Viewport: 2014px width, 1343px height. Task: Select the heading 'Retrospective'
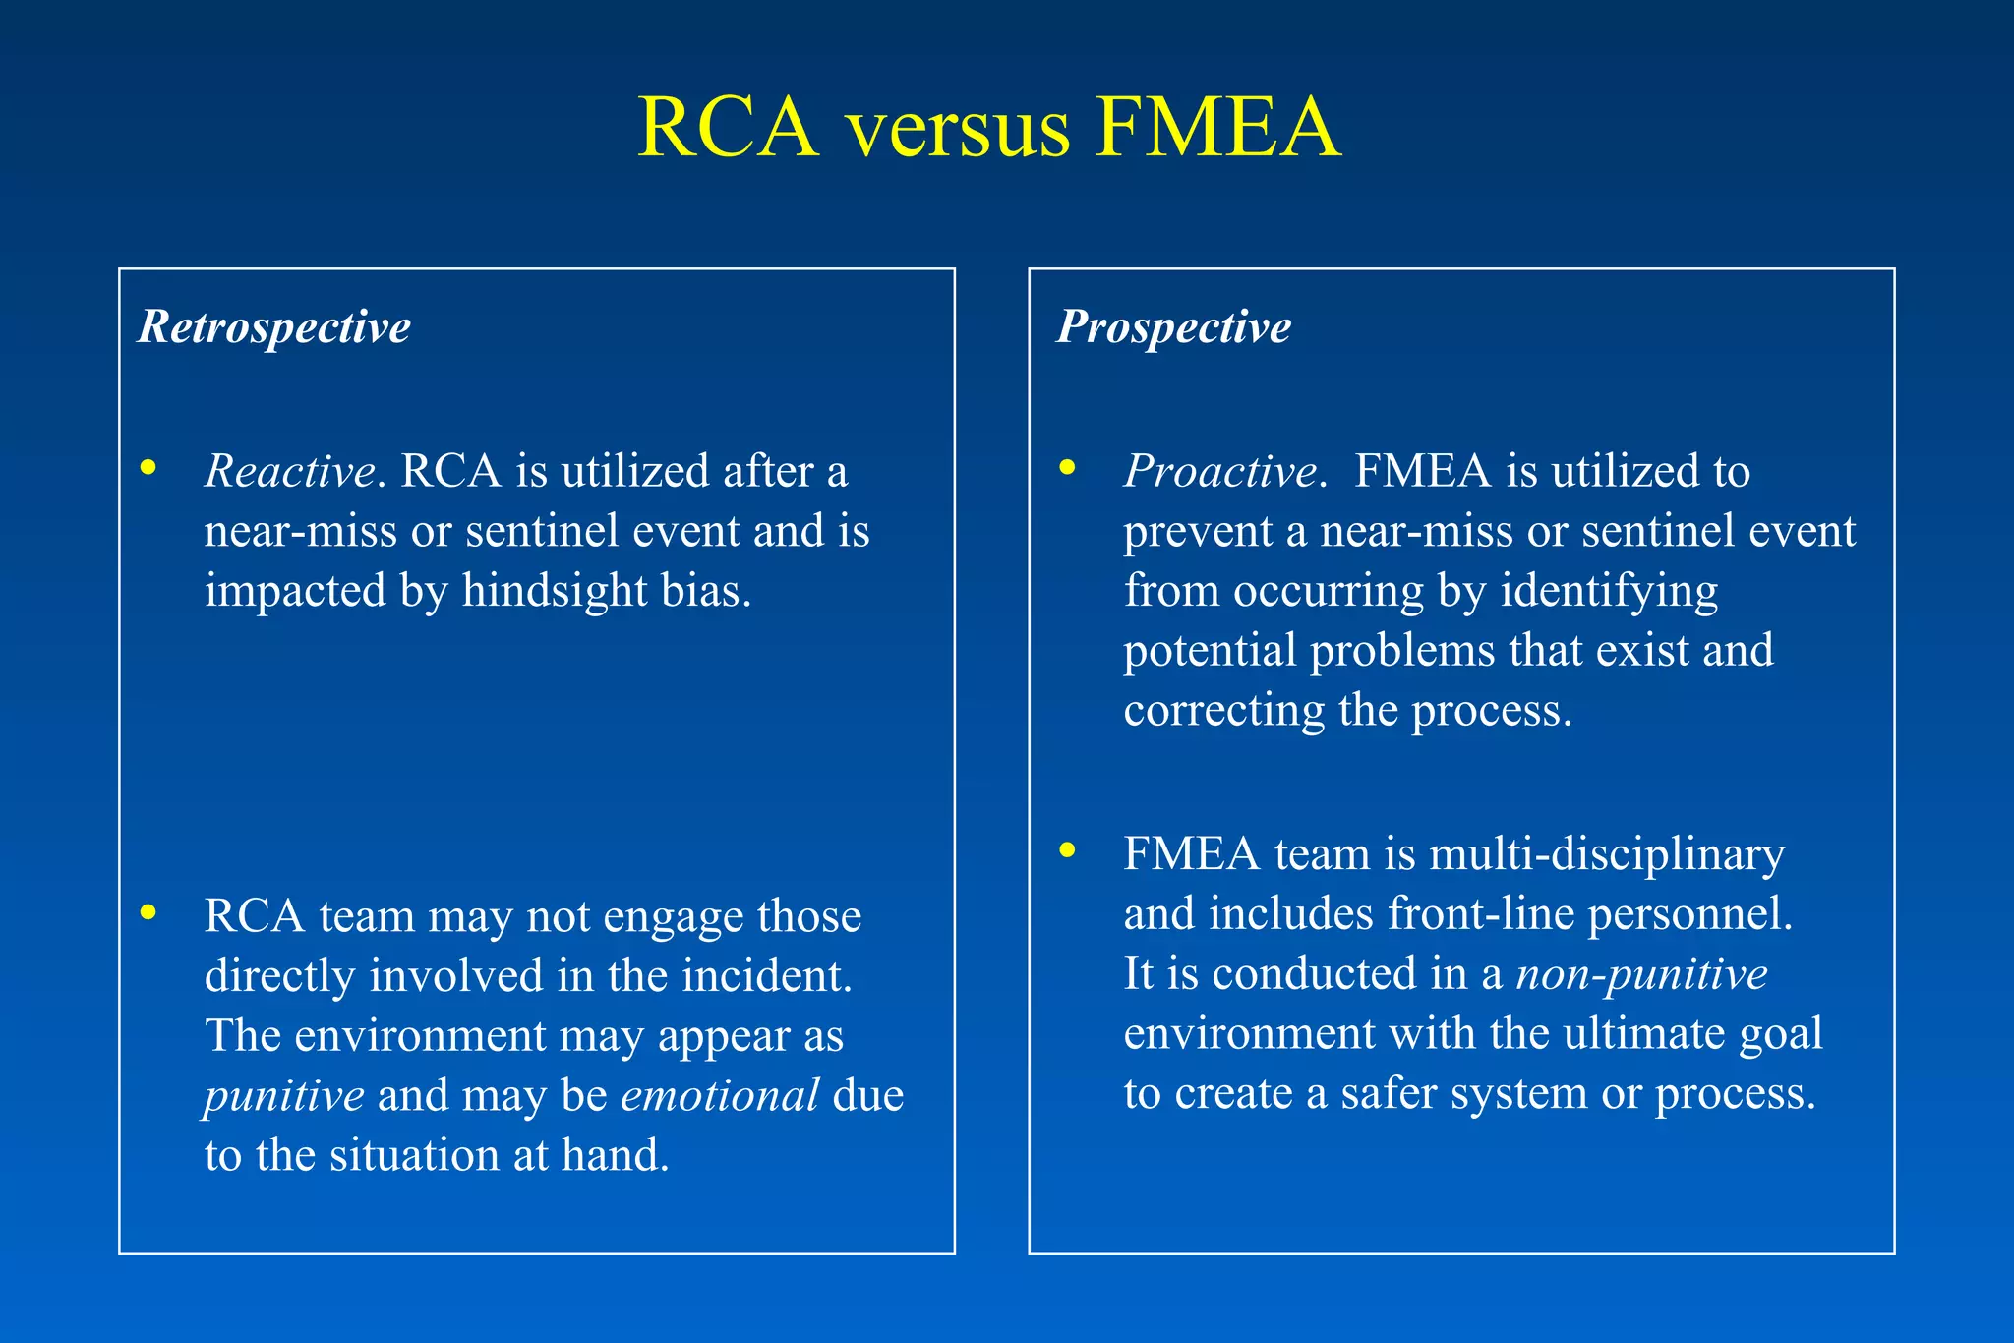click(x=274, y=326)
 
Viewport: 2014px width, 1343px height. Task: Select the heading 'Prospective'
click(x=1174, y=326)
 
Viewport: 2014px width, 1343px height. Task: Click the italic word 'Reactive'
click(x=289, y=471)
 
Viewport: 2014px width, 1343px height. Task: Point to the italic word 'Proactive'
click(x=1220, y=471)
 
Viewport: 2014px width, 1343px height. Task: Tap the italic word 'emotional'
click(x=720, y=1095)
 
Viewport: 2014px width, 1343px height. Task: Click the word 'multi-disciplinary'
click(x=1606, y=854)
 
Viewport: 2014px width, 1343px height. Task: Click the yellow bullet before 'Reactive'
click(x=148, y=468)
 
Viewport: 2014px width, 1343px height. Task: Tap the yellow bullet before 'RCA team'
click(x=148, y=913)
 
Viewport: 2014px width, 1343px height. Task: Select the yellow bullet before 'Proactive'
click(x=1068, y=468)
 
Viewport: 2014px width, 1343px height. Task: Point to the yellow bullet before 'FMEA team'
click(x=1068, y=851)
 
